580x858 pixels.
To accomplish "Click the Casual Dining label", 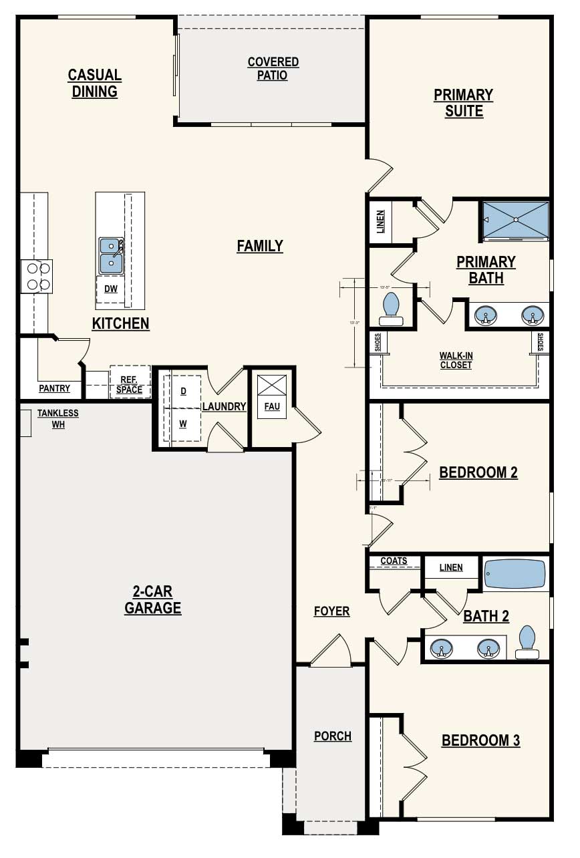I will [x=94, y=83].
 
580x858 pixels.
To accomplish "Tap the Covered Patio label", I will [x=273, y=69].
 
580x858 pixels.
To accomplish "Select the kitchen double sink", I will [x=111, y=256].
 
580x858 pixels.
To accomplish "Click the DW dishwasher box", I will [x=110, y=289].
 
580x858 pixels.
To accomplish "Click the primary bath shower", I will [x=515, y=220].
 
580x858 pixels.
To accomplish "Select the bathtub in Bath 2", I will [x=515, y=573].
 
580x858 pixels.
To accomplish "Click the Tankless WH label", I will [x=58, y=418].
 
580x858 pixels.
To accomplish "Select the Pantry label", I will [x=54, y=388].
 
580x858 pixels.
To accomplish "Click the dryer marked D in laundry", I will [x=183, y=390].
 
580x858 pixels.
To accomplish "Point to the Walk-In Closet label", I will [x=456, y=360].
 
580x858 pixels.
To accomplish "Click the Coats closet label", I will [x=394, y=561].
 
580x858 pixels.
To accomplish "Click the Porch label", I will [x=333, y=736].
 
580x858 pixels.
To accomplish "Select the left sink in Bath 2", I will [x=440, y=648].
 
